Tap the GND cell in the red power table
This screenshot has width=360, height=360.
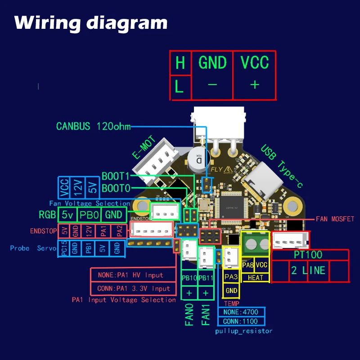click(212, 63)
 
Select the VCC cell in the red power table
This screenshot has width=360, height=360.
click(254, 63)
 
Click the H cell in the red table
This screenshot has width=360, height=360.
click(180, 63)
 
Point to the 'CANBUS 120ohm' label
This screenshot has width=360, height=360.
click(94, 126)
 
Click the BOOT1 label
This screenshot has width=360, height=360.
click(116, 176)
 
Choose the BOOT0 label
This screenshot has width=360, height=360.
click(116, 187)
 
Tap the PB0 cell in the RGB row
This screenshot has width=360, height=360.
click(90, 215)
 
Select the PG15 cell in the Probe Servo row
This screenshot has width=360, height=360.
click(63, 248)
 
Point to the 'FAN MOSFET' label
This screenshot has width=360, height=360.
click(335, 219)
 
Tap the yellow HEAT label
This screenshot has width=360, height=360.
click(255, 278)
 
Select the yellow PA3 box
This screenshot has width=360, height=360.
click(231, 277)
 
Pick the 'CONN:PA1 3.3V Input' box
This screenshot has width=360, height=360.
click(134, 288)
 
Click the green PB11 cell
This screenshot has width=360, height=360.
click(206, 278)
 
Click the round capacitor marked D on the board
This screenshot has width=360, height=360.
click(198, 158)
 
